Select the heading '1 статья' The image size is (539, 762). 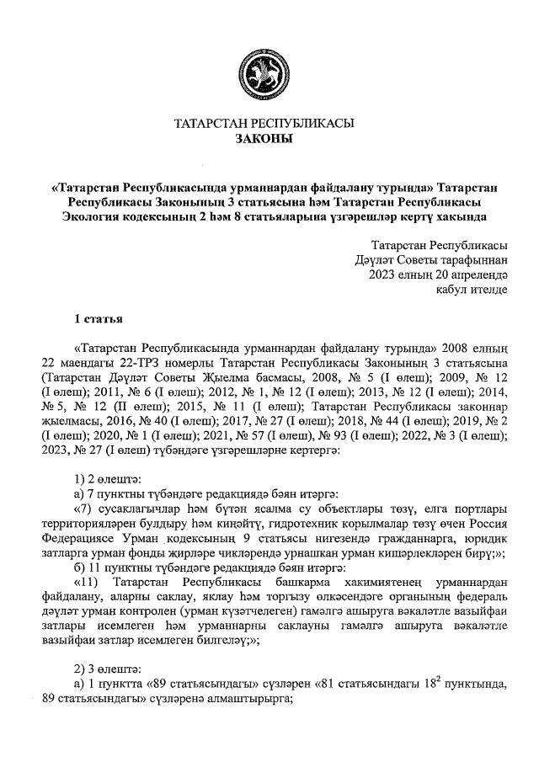(99, 320)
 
